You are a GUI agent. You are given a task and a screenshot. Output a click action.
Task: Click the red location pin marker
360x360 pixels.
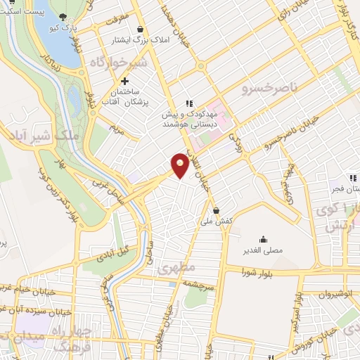tap(180, 165)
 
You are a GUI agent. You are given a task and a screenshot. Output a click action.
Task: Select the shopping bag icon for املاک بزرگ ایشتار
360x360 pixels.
tap(142, 30)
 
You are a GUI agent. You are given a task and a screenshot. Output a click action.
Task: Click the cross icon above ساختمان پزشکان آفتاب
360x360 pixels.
tap(125, 81)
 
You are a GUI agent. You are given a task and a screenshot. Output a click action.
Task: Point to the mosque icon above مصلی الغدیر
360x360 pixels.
tap(263, 240)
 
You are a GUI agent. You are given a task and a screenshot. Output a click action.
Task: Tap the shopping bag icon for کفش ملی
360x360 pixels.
tap(216, 210)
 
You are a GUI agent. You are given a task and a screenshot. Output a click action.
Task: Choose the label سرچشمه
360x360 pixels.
tap(201, 282)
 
